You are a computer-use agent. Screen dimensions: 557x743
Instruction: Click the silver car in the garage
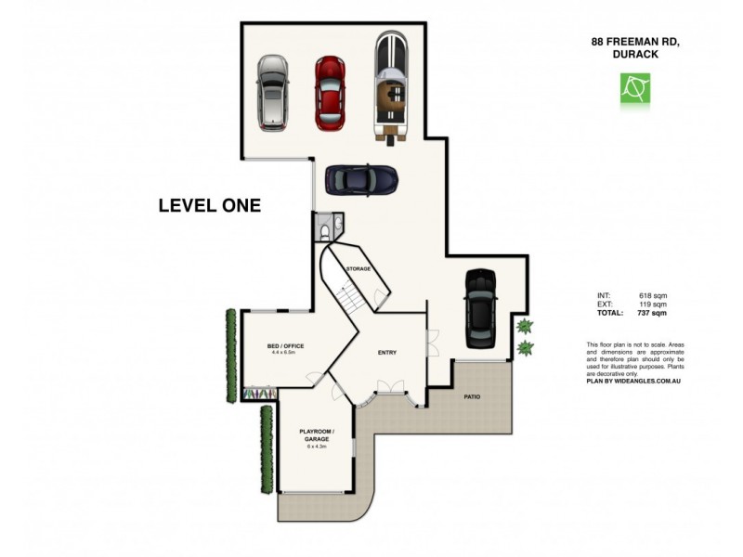coord(271,92)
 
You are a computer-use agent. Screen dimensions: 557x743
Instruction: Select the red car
coord(329,92)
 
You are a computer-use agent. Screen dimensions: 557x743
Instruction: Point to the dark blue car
coord(361,179)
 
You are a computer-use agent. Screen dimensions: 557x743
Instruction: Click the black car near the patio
coord(481,307)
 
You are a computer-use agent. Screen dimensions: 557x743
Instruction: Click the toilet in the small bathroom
coord(325,229)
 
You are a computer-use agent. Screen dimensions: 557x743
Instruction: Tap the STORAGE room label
coord(358,268)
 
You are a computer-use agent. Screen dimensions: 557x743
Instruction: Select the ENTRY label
coord(387,353)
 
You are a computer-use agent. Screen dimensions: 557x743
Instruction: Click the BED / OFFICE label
coord(285,346)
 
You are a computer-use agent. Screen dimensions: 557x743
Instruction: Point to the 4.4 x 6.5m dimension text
coord(285,354)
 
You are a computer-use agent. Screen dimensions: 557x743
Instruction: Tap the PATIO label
coord(473,396)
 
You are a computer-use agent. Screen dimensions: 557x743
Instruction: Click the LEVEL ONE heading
coord(209,206)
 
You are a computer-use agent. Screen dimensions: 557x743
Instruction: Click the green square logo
coord(635,88)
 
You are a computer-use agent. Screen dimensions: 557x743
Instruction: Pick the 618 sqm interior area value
coord(653,295)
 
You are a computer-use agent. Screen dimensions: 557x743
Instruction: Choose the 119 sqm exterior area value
coord(653,304)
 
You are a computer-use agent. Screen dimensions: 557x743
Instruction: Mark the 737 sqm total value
coord(653,314)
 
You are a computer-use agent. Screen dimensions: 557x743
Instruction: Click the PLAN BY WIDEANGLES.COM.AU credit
coord(633,381)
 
